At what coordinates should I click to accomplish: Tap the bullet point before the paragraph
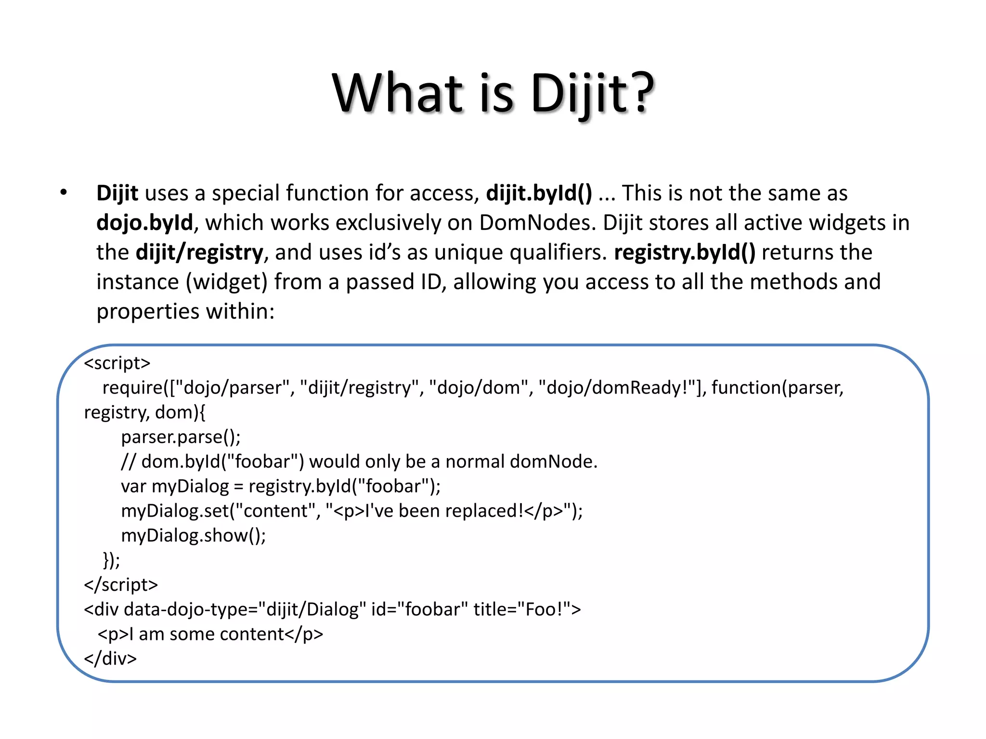point(64,192)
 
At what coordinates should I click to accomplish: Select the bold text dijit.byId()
point(539,193)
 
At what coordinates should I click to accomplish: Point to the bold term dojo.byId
point(144,223)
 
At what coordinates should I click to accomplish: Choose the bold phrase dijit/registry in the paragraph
point(199,252)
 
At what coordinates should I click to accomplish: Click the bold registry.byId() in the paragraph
point(685,252)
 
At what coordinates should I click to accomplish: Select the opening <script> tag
point(117,363)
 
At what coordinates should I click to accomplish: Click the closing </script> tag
point(121,585)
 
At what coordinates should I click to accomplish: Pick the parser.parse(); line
point(181,437)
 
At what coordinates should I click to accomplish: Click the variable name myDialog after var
point(190,486)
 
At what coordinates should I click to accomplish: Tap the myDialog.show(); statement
point(193,535)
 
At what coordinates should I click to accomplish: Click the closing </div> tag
point(110,659)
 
